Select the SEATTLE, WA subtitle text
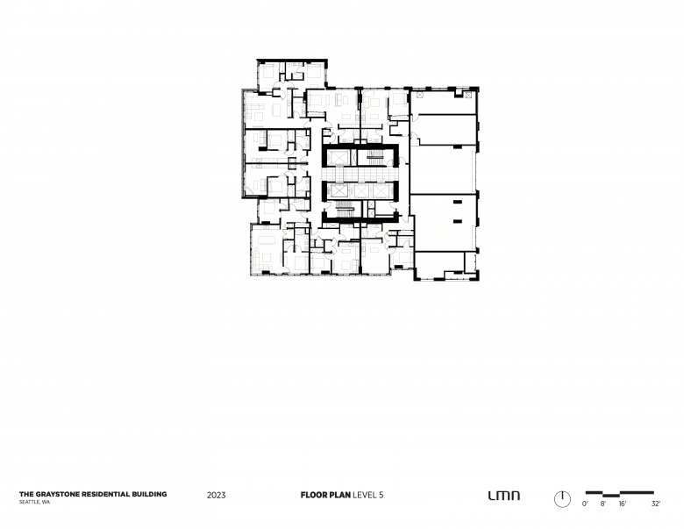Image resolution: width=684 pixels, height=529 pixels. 34,502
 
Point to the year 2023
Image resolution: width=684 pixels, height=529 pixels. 217,495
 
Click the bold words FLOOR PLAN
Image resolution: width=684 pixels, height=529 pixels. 325,495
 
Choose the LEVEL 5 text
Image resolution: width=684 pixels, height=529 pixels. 368,495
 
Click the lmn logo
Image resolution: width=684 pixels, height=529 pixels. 504,496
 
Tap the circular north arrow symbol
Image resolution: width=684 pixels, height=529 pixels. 562,499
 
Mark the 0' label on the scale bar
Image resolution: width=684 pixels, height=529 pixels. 585,504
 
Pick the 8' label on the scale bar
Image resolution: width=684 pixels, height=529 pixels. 602,504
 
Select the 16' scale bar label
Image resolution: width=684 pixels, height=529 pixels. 623,504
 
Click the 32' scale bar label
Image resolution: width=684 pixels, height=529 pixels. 656,504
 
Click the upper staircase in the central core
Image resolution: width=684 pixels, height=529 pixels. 374,158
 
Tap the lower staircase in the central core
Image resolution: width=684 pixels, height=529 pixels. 345,210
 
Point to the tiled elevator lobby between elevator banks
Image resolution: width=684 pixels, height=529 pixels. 358,175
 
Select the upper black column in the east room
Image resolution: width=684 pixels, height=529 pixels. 458,202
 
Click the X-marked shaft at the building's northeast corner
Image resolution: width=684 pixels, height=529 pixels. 468,95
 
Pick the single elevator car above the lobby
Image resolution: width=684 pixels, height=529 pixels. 336,158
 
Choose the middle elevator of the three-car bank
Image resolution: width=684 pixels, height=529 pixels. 361,191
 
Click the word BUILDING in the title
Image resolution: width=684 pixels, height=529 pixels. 149,494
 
